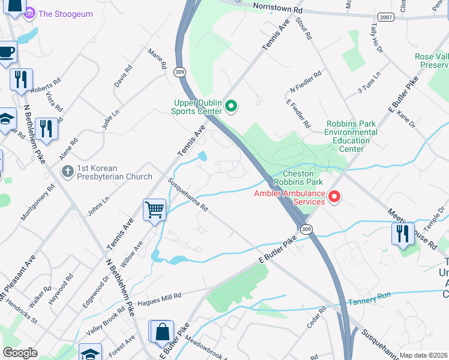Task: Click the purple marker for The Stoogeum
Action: (x=29, y=13)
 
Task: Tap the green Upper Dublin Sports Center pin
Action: (x=232, y=107)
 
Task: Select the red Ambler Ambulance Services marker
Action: (x=334, y=196)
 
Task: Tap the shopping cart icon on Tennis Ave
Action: (x=154, y=211)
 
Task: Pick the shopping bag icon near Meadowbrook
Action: (x=161, y=331)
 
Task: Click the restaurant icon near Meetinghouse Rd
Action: (x=402, y=233)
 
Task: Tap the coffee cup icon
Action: (x=6, y=53)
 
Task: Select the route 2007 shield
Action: (x=387, y=17)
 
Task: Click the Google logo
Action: (x=20, y=353)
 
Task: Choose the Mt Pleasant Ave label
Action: (x=18, y=275)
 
